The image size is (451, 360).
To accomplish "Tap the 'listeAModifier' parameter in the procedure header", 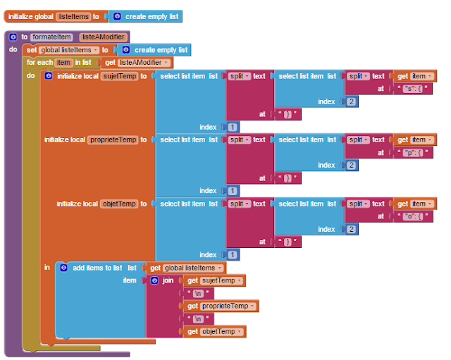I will coord(102,37).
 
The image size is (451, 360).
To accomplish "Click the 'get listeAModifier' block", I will coord(137,63).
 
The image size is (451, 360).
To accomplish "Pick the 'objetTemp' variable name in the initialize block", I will coord(118,204).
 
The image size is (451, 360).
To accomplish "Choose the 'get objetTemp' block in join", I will coord(214,331).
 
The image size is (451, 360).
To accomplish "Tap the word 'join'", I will coord(167,280).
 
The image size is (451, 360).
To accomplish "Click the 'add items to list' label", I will coord(97,268).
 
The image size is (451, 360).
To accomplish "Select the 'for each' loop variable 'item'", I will coord(64,63).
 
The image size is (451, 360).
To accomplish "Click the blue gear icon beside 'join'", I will coord(155,280).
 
